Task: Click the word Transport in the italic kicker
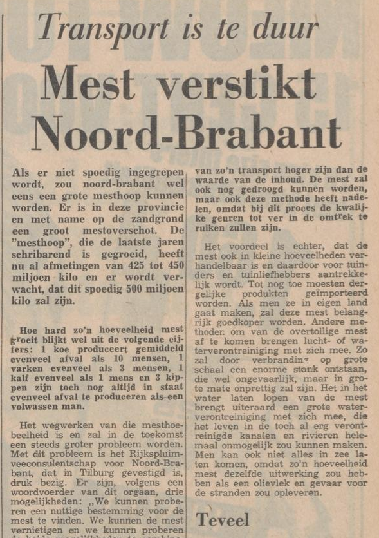click(104, 28)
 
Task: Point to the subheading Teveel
click(223, 519)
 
